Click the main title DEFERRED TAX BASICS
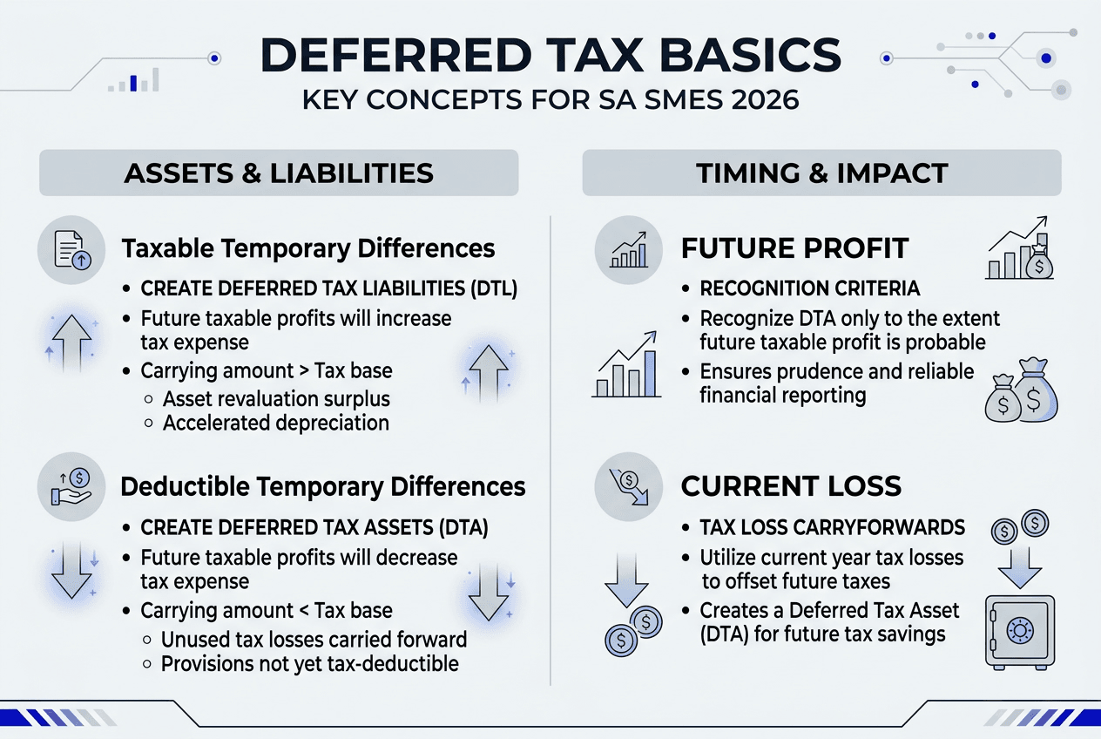(550, 57)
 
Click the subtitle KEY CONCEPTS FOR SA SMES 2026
(550, 99)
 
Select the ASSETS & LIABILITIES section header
(279, 173)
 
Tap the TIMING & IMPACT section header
(821, 173)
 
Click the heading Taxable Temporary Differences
(308, 248)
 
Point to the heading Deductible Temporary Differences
(323, 485)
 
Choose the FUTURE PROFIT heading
(794, 249)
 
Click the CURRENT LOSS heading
(791, 486)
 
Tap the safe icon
(1019, 632)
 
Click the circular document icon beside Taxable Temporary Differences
(72, 249)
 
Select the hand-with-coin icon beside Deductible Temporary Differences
(72, 486)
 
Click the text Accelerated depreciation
(275, 423)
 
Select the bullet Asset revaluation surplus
(276, 399)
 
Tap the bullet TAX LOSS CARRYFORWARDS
(832, 527)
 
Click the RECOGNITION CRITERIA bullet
(809, 288)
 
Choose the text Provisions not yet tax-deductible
(309, 663)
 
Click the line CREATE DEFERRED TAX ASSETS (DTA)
(314, 527)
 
